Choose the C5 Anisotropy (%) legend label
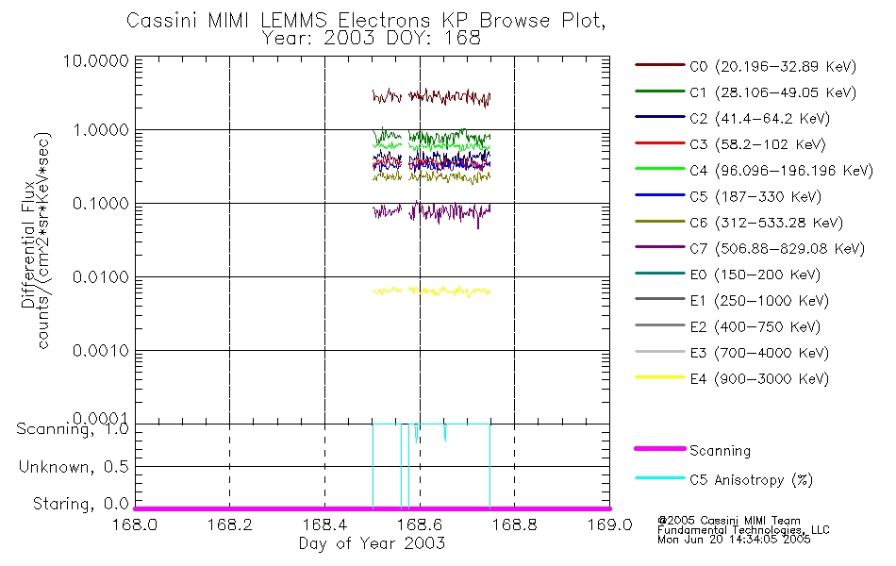coord(751,480)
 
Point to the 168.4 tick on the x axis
coord(324,525)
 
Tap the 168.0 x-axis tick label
coord(135,525)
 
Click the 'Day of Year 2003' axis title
coord(372,543)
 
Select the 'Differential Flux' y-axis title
coord(29,241)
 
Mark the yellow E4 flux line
coord(453,291)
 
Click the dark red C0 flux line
coord(453,96)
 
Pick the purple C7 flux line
coord(453,211)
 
